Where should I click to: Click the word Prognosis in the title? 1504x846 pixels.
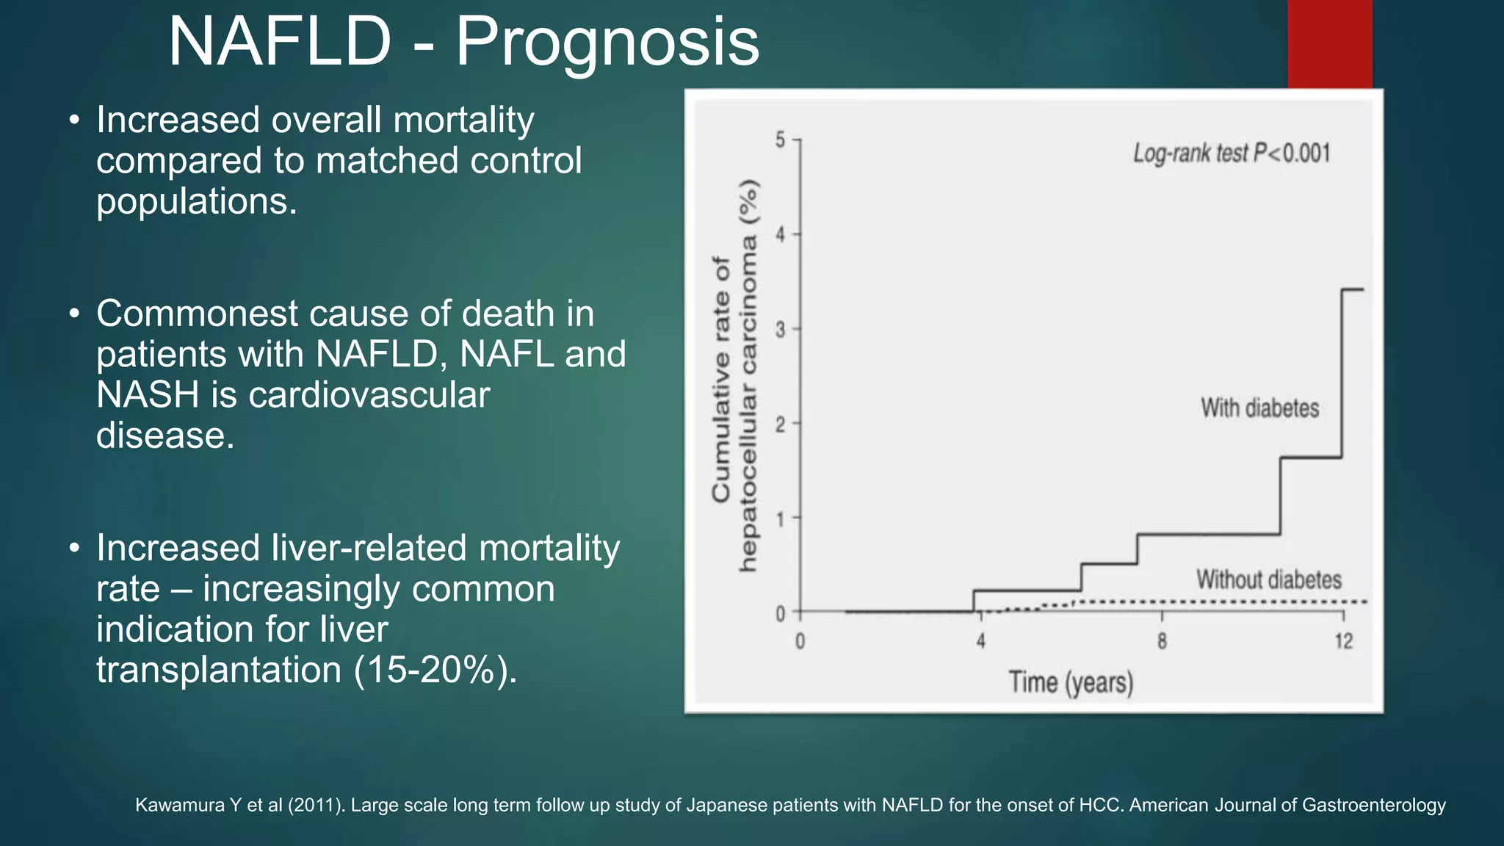pos(607,42)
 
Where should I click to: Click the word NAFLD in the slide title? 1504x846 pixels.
pos(280,42)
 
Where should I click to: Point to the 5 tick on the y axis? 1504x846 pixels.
pos(781,140)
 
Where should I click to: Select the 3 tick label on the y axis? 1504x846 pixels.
pos(781,330)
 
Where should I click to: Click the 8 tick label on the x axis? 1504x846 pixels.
pos(1162,642)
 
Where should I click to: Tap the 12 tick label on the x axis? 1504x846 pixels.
pos(1343,642)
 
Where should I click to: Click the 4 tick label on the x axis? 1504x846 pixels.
pos(980,642)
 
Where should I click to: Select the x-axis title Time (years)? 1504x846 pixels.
pos(1071,682)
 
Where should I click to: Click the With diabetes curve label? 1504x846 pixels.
pos(1259,408)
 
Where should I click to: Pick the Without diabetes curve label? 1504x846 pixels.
pos(1268,579)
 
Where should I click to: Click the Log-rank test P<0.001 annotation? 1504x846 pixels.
pos(1232,153)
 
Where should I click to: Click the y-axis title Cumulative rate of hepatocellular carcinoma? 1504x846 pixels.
pos(734,376)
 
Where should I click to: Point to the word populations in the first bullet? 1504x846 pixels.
pos(196,202)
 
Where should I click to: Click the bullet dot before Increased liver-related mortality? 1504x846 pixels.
pos(74,549)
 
